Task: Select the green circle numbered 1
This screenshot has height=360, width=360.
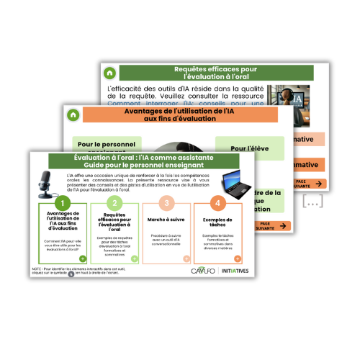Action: tap(62, 204)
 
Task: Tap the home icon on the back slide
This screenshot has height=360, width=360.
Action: tap(109, 73)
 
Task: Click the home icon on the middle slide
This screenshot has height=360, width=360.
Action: tap(73, 113)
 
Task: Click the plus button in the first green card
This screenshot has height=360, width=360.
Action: tap(82, 258)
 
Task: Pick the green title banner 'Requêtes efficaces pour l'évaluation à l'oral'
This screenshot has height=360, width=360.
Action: tap(215, 72)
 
